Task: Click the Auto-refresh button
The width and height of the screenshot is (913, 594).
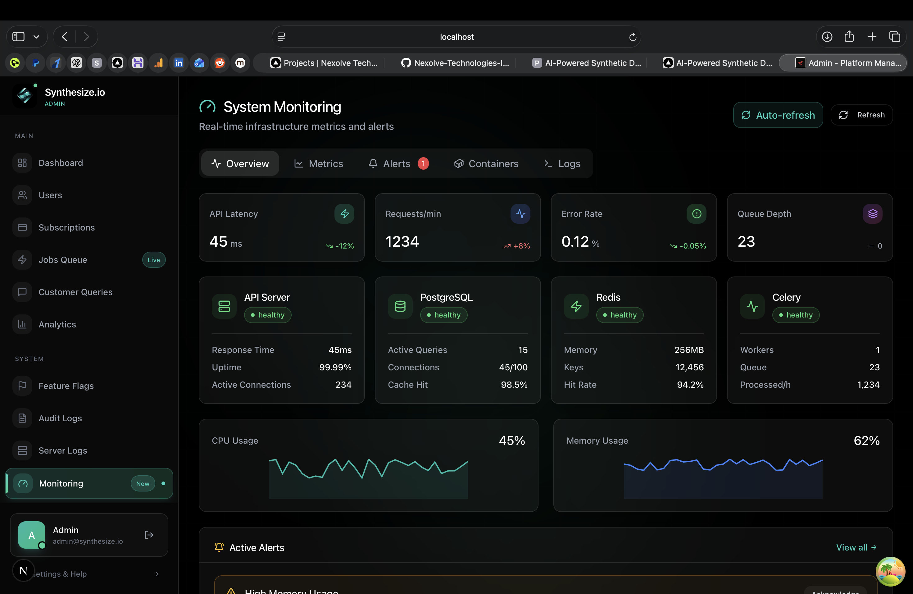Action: pos(778,115)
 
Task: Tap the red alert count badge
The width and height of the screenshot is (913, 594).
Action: pos(423,163)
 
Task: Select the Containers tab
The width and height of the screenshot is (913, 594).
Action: pos(486,164)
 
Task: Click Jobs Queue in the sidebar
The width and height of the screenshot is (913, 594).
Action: pos(63,260)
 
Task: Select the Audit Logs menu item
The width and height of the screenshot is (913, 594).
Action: pos(60,418)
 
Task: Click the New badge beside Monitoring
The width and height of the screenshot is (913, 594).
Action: pos(143,483)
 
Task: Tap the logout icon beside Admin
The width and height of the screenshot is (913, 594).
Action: pos(149,535)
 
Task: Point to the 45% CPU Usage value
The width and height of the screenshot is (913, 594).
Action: pos(512,441)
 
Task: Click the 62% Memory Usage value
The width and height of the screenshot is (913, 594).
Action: pos(866,441)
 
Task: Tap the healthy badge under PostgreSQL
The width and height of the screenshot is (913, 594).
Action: pos(443,315)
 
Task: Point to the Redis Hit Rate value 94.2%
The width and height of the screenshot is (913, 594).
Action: pos(690,385)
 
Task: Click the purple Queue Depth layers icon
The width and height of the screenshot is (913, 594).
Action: pos(872,214)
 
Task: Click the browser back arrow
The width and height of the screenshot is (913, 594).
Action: pos(65,37)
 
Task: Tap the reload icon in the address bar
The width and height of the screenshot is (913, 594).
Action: pos(633,37)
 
